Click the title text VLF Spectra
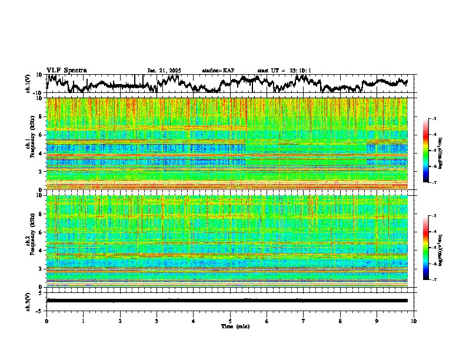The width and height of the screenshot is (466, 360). (66, 70)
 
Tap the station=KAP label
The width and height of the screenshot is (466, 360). (218, 71)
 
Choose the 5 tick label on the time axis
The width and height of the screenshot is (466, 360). (231, 321)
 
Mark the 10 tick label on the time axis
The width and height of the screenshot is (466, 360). (414, 321)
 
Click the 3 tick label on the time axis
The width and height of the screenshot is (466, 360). (157, 321)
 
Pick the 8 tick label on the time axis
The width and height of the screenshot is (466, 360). (341, 321)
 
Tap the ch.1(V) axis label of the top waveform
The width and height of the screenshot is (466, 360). (28, 84)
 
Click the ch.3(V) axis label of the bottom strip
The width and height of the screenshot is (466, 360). (28, 301)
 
